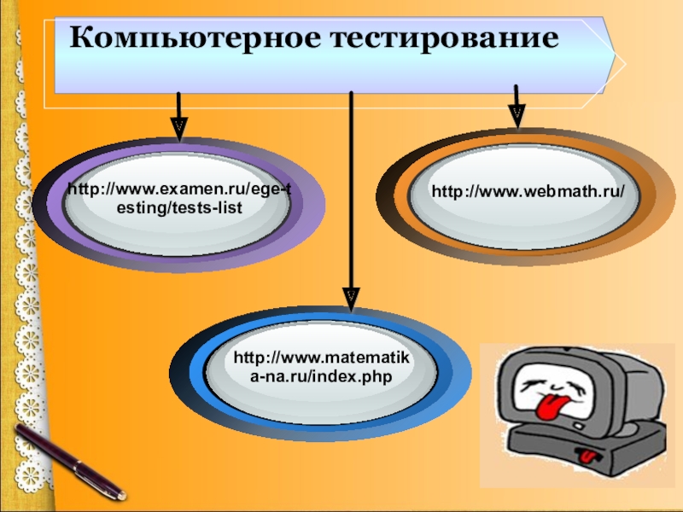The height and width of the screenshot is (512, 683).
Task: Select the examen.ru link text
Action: tap(179, 199)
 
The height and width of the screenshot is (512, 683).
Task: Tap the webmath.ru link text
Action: tap(523, 193)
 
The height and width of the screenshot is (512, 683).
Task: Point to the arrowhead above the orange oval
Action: tap(517, 114)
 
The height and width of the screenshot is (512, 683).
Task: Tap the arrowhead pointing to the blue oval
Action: tap(350, 294)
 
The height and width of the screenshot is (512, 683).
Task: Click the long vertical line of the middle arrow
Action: tap(350, 196)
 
